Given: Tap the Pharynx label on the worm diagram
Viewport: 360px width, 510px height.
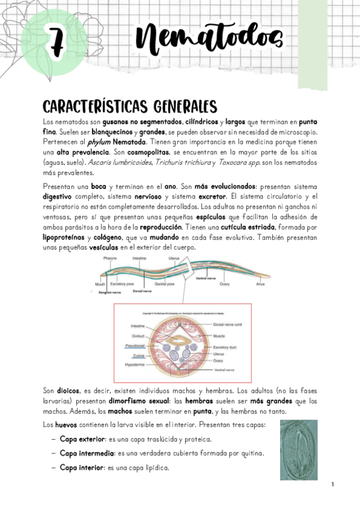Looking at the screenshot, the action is (109, 258).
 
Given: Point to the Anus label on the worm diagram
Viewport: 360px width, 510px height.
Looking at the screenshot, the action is (260, 283).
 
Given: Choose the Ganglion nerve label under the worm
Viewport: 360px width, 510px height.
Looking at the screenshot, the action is (110, 291).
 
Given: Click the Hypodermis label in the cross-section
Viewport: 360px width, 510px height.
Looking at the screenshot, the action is (135, 365).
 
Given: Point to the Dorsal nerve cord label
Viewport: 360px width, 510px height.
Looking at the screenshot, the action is (227, 325).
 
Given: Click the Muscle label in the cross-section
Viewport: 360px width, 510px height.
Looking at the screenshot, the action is (220, 335).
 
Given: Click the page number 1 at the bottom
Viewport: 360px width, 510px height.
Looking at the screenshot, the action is (332, 485).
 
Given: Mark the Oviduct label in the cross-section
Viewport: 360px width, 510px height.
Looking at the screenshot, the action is (136, 336).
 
